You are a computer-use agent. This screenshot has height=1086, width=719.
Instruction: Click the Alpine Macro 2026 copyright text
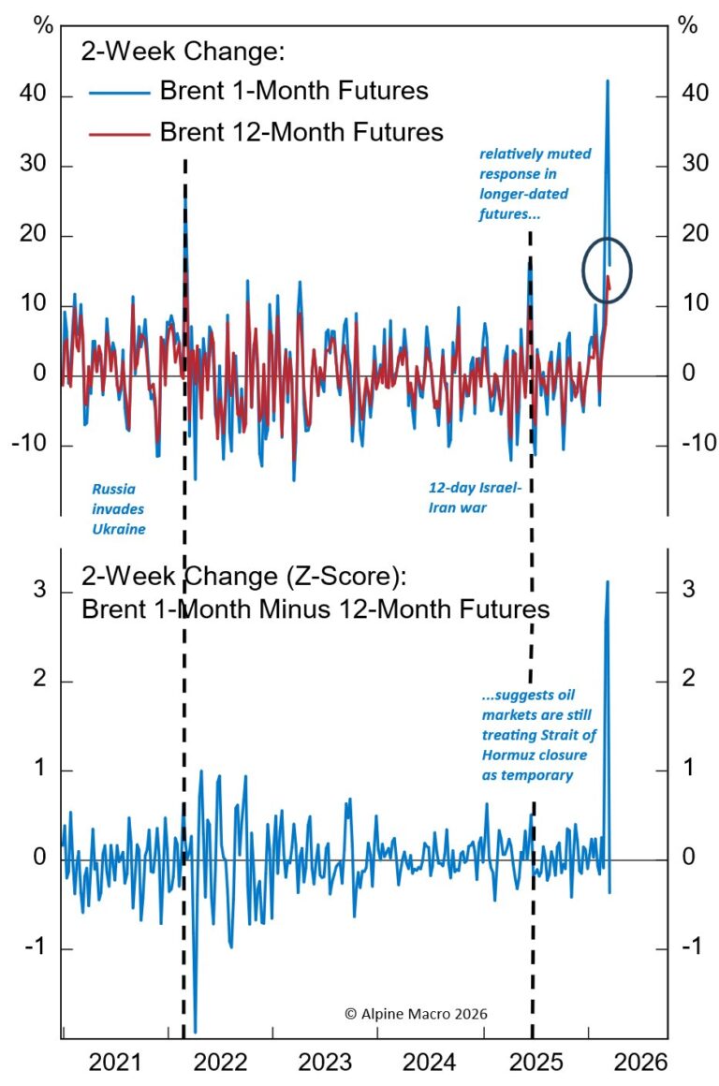click(x=416, y=1014)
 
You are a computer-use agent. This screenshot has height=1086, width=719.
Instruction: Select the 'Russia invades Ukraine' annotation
click(x=118, y=508)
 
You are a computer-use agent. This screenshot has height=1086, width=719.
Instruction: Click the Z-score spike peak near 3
click(x=608, y=581)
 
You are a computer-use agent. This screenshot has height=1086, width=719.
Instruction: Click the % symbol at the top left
click(x=43, y=25)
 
